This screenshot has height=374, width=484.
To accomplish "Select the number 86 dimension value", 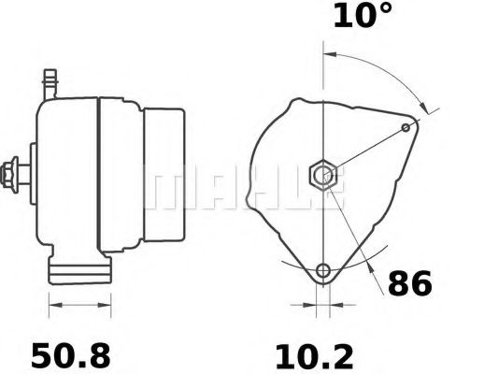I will point(409,283).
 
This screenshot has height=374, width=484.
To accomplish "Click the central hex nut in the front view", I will point(323,173).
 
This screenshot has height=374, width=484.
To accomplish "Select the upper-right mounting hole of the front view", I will point(406,127).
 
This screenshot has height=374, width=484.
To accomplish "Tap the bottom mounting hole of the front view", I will point(323,271).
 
